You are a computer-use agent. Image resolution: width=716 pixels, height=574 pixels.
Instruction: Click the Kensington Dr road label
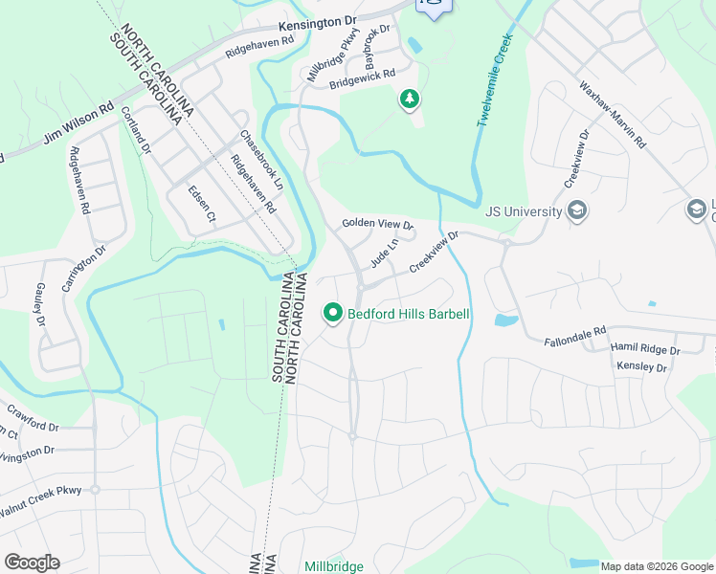[316, 21]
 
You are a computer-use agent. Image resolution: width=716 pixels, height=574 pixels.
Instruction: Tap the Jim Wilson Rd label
[78, 125]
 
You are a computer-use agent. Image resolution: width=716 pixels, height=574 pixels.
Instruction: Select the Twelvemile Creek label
[495, 81]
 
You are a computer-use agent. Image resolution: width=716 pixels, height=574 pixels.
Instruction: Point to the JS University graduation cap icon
[576, 210]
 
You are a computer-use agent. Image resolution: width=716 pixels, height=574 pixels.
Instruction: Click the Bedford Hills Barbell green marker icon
[333, 313]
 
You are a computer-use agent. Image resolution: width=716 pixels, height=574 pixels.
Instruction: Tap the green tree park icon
[409, 99]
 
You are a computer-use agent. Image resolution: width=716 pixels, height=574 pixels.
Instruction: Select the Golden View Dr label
[377, 224]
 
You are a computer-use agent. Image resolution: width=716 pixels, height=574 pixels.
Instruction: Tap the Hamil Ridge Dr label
[645, 351]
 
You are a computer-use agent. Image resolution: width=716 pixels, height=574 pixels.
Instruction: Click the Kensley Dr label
[641, 366]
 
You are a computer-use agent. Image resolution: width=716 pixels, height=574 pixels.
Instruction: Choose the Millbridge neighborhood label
[334, 566]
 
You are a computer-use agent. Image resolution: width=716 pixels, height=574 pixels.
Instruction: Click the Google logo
[32, 562]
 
